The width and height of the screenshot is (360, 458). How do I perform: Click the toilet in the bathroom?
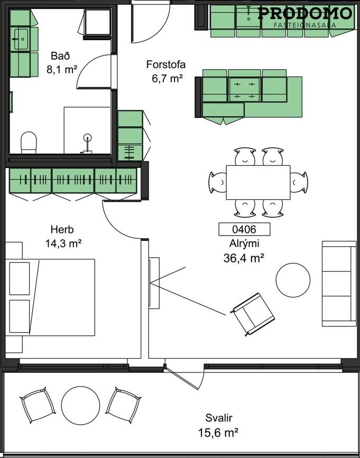[29, 142]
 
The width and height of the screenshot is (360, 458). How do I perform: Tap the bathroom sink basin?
[21, 39]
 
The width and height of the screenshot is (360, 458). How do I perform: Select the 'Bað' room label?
[60, 56]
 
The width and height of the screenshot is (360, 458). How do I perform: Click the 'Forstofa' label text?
[165, 64]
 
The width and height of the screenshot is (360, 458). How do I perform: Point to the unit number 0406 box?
[244, 229]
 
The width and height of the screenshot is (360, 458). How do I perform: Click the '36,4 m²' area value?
[244, 258]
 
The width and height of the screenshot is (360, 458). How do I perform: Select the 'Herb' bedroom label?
[62, 229]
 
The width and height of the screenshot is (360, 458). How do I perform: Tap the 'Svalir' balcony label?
[218, 418]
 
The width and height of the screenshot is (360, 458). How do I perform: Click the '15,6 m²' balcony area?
[218, 432]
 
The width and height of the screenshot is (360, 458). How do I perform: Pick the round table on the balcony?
[80, 405]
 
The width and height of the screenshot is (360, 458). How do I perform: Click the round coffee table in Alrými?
[293, 280]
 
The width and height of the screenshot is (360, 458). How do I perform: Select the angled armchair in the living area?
[253, 314]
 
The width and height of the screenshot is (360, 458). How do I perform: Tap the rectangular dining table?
[258, 183]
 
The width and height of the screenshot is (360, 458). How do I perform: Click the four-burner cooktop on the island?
[244, 90]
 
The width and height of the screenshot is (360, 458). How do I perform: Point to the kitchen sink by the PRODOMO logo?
[248, 17]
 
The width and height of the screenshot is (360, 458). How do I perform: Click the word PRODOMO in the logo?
[305, 14]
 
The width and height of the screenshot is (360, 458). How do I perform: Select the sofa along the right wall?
[339, 284]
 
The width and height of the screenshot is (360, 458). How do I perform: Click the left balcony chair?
[38, 405]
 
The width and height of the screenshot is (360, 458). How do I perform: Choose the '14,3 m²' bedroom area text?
[63, 244]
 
